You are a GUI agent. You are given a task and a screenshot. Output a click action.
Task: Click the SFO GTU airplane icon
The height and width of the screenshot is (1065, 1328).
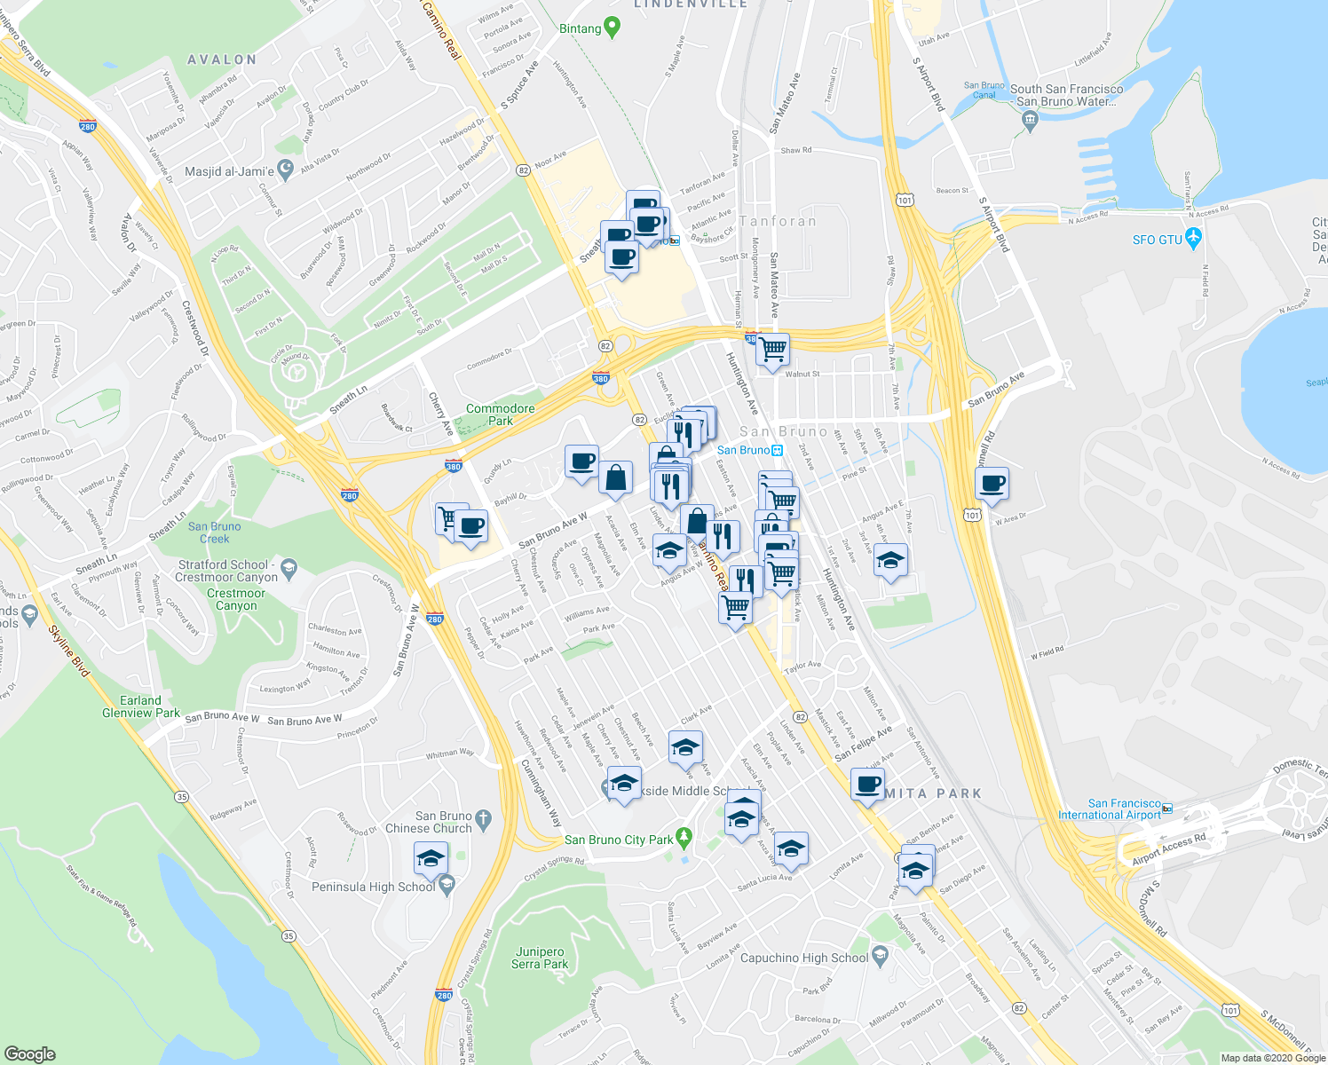pyautogui.click(x=1193, y=240)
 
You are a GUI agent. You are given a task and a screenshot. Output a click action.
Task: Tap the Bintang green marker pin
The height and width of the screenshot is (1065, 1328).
pyautogui.click(x=611, y=28)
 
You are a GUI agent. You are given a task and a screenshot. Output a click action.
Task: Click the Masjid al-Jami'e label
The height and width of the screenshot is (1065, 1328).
pyautogui.click(x=229, y=171)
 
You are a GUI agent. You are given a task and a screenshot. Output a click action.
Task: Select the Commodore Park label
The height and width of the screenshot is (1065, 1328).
pyautogui.click(x=500, y=414)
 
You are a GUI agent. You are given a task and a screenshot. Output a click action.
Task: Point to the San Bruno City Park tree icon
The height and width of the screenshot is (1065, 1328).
pyautogui.click(x=683, y=837)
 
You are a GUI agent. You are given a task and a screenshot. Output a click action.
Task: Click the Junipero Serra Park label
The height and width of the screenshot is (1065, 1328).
pyautogui.click(x=540, y=958)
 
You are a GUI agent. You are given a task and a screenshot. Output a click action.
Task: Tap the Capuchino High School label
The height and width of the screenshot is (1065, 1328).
pyautogui.click(x=803, y=958)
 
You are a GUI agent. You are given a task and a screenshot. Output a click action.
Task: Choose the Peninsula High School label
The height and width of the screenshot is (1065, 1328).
pyautogui.click(x=373, y=887)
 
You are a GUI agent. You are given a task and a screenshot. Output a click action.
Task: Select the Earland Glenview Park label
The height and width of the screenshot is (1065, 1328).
pyautogui.click(x=140, y=706)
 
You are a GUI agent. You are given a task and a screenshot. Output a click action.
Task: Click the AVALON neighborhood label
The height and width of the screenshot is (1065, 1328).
pyautogui.click(x=222, y=59)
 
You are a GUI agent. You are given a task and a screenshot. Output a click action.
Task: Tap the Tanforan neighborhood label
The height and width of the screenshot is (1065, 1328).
pyautogui.click(x=778, y=221)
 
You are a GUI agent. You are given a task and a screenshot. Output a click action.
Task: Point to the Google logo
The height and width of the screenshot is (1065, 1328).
pyautogui.click(x=29, y=1053)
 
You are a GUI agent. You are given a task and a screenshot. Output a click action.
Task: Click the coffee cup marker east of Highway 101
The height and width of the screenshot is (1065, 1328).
pyautogui.click(x=992, y=485)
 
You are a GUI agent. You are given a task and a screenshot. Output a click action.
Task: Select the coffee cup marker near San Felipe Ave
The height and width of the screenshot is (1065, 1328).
pyautogui.click(x=867, y=785)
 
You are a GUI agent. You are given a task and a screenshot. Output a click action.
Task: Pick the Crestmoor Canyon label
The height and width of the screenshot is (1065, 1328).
pyautogui.click(x=236, y=599)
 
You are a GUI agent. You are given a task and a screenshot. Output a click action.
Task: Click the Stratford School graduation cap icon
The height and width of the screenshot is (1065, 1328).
pyautogui.click(x=288, y=565)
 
